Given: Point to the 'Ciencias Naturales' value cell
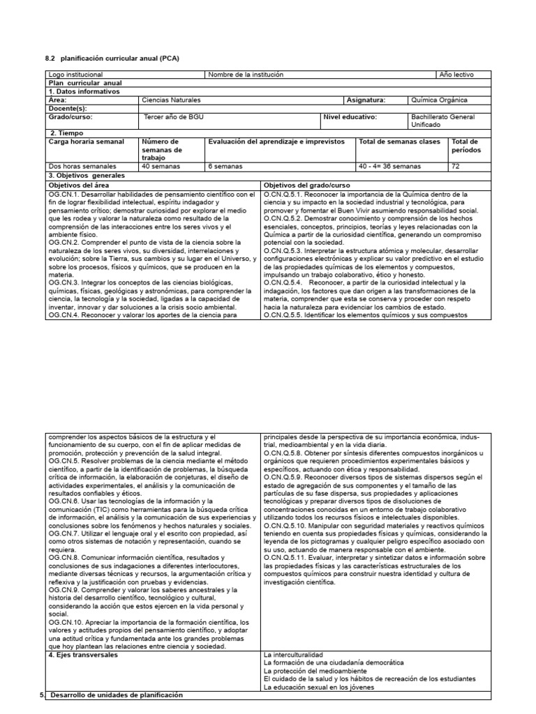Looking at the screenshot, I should [170, 100].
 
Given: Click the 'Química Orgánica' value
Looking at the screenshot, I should [440, 100].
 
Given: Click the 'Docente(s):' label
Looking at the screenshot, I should [68, 108].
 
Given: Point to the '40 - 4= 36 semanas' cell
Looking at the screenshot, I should [389, 167].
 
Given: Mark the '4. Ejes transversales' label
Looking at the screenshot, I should [83, 655].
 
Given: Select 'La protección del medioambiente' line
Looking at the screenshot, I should [312, 671].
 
